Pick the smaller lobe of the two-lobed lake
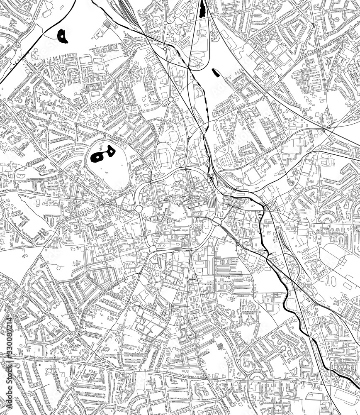[111, 151]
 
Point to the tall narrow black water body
[202, 9]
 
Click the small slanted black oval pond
[215, 73]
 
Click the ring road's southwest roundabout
[152, 248]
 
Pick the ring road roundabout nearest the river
[216, 222]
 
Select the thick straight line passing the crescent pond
[25, 54]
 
